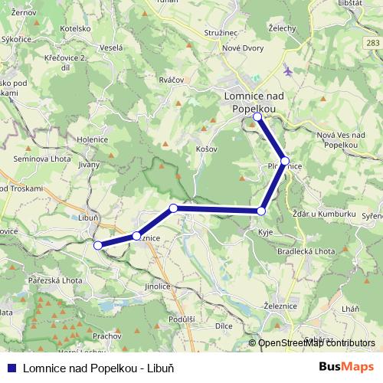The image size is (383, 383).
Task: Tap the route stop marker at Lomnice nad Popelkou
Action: (258, 117)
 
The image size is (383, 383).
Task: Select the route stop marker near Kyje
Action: (262, 211)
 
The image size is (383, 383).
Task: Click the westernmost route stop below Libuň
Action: (97, 245)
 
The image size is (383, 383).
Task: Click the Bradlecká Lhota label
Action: (307, 250)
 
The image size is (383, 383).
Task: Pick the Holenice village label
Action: (92, 139)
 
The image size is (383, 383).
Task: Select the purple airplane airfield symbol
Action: (288, 71)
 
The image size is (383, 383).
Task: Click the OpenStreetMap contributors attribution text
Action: (316, 343)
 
